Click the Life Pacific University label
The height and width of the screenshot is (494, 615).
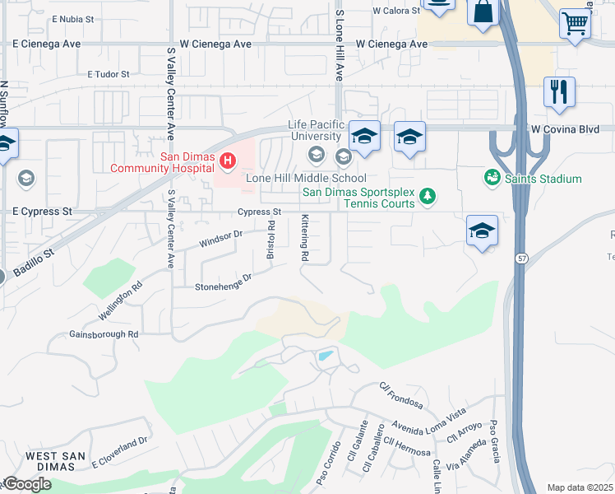tap(314, 130)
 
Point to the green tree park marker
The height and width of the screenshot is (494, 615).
tap(427, 195)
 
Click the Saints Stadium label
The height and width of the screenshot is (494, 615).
tap(543, 179)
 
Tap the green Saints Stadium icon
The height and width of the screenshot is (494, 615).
tap(492, 178)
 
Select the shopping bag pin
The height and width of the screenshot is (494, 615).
tap(483, 11)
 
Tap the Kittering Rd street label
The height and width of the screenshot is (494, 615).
tap(304, 239)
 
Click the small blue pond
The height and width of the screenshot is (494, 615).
tap(326, 357)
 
